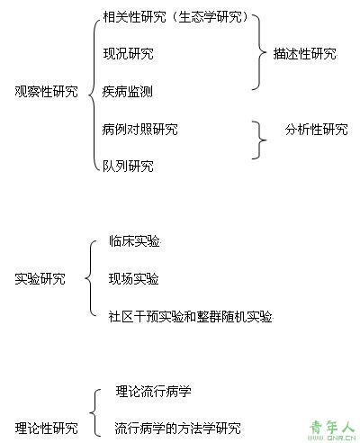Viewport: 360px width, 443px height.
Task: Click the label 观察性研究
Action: pos(46,91)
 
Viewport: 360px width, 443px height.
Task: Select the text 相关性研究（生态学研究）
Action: pos(175,17)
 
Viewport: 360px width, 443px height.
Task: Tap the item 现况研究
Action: pos(128,54)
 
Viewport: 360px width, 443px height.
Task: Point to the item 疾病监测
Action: pos(128,92)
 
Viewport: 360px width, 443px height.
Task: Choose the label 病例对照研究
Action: pos(139,129)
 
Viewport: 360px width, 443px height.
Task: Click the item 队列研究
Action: pos(128,166)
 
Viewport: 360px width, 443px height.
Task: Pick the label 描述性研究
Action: pos(305,54)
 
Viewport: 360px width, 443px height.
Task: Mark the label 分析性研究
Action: pos(317,129)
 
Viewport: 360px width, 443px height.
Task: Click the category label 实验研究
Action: pos(40,278)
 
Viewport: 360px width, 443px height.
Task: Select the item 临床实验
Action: pos(134,241)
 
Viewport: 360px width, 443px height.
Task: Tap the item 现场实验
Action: pos(133,278)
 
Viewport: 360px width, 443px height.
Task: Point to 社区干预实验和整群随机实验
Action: pos(191,316)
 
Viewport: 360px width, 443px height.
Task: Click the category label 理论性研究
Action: pos(46,428)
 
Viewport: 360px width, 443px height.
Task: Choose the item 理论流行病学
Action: pos(154,391)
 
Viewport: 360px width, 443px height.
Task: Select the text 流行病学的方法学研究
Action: pos(178,428)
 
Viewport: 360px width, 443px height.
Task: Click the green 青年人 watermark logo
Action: pos(332,429)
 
